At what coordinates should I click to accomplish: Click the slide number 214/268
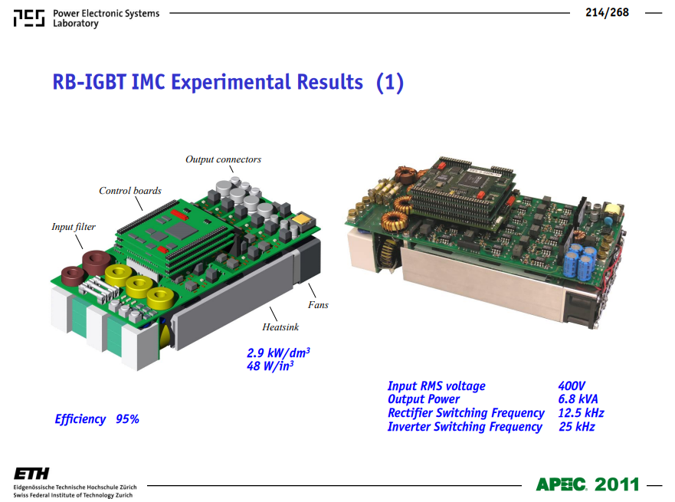[x=607, y=12]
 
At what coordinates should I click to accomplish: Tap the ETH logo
[x=31, y=474]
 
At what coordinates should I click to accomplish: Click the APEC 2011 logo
[x=588, y=484]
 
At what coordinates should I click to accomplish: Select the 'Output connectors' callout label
[x=223, y=159]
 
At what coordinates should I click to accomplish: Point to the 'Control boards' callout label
[x=130, y=191]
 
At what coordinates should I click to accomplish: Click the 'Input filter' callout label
[x=74, y=227]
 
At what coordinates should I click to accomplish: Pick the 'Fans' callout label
[x=318, y=305]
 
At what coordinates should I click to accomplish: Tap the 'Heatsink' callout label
[x=280, y=327]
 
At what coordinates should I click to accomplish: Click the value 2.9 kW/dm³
[x=278, y=353]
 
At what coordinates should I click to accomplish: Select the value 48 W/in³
[x=270, y=366]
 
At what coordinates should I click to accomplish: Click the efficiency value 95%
[x=127, y=419]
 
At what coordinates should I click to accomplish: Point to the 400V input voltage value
[x=572, y=386]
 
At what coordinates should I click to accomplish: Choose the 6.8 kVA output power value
[x=578, y=399]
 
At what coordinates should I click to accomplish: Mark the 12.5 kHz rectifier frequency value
[x=582, y=413]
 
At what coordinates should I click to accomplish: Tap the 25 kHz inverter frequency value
[x=577, y=427]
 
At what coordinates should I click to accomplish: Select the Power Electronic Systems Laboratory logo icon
[x=29, y=18]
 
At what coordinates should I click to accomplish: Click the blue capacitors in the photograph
[x=580, y=261]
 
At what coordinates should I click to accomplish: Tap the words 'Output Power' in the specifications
[x=424, y=399]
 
